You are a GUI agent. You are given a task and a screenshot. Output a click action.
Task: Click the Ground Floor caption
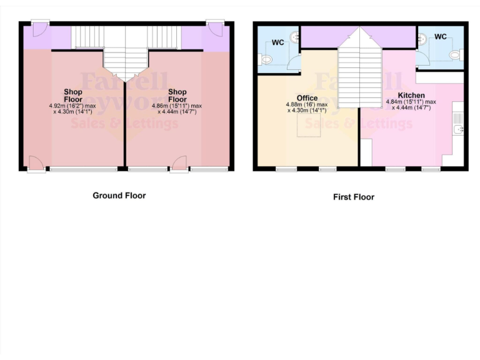click(x=119, y=196)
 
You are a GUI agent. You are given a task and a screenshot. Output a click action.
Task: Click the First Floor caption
click(x=353, y=197)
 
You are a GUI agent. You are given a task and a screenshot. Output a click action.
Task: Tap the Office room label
click(x=307, y=98)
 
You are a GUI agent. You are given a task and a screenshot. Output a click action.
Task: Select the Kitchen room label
click(x=411, y=95)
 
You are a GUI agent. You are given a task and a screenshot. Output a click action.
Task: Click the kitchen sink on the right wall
click(x=459, y=129)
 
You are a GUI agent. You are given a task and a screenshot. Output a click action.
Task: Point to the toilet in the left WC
click(x=266, y=60)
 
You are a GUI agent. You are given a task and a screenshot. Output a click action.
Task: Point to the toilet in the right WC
click(x=455, y=55)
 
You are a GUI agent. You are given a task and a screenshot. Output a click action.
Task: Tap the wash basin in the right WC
click(x=423, y=37)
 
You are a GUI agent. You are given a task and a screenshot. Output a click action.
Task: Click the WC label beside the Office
click(x=278, y=43)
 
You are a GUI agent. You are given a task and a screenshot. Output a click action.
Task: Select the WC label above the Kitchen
click(x=441, y=37)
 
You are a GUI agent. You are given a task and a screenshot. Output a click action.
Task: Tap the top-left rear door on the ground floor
click(x=39, y=29)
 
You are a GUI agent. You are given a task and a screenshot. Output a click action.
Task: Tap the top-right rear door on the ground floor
click(x=216, y=29)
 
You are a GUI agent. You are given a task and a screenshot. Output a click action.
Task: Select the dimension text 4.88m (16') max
click(x=307, y=104)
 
